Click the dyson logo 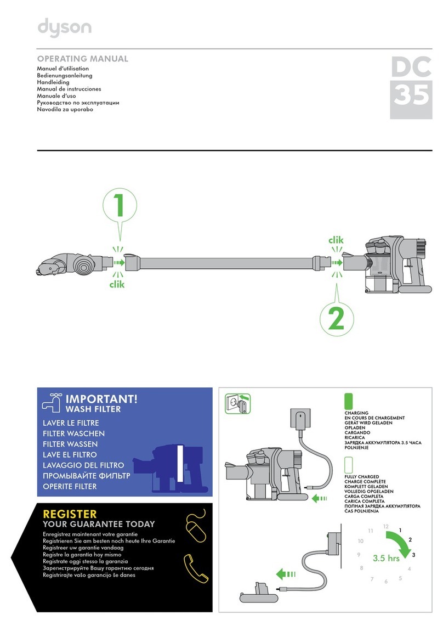(x=64, y=28)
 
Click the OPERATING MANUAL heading (x=82, y=59)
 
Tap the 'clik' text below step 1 (x=117, y=284)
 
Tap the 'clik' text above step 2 (x=336, y=240)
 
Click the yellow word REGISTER (x=70, y=514)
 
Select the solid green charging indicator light (x=348, y=401)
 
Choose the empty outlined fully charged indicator (x=348, y=465)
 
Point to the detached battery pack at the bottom (x=258, y=600)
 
